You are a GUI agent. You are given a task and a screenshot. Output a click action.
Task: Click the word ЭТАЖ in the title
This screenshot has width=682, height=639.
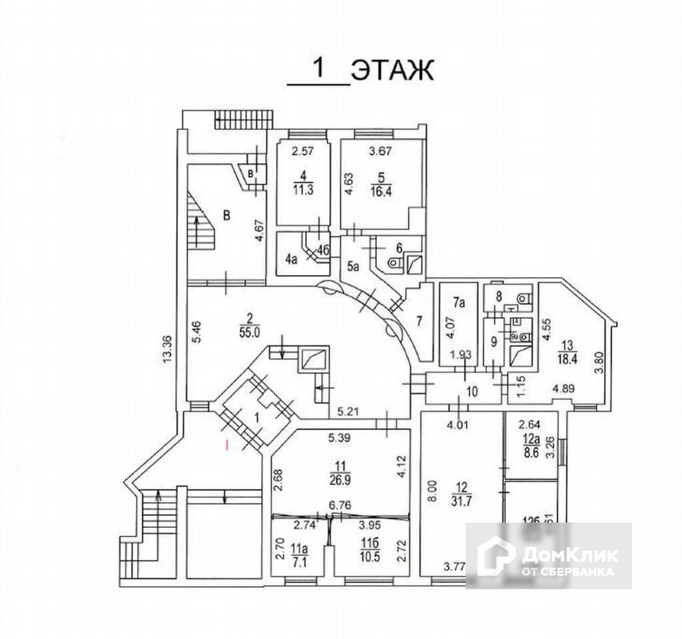click(x=392, y=69)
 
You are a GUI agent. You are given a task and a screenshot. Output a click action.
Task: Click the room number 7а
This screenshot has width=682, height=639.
click(x=459, y=304)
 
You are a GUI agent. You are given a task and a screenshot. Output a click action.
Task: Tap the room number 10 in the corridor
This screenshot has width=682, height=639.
click(x=471, y=391)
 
